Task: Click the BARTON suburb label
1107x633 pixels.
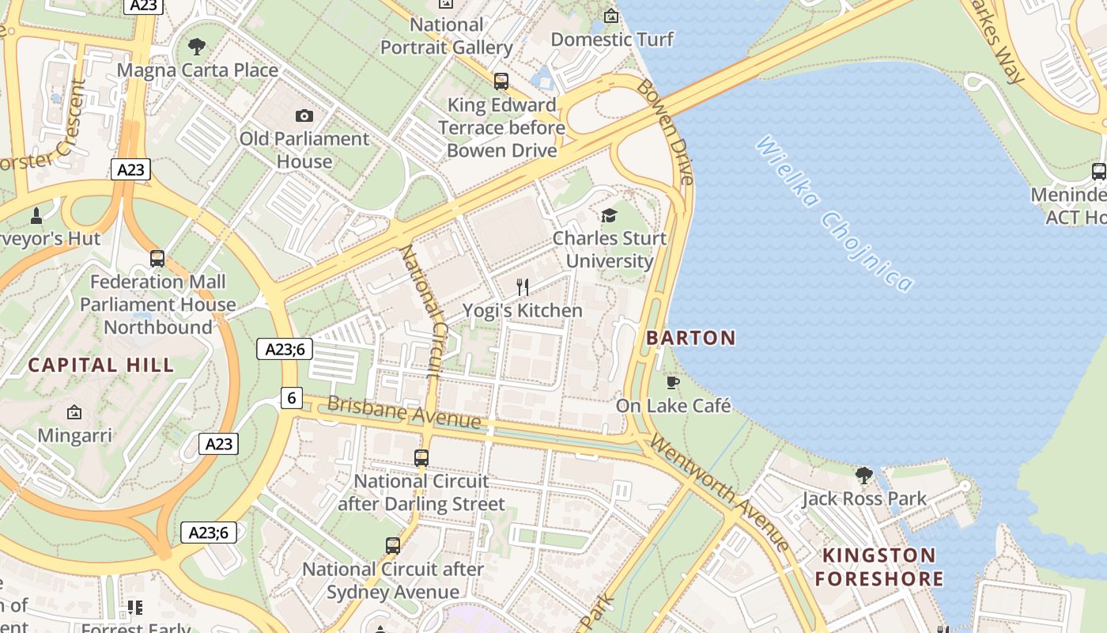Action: click(690, 338)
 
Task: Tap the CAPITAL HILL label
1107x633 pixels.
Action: click(101, 365)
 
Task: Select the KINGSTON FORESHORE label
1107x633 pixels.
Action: click(879, 567)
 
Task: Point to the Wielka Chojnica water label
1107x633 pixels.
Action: click(834, 214)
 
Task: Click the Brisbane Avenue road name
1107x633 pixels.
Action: click(403, 413)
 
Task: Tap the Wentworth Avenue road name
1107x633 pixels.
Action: click(719, 492)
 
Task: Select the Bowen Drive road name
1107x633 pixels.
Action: click(666, 132)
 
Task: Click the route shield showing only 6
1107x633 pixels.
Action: click(292, 398)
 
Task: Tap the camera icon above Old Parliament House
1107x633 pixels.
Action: click(304, 116)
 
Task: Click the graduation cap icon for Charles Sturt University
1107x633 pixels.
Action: click(609, 215)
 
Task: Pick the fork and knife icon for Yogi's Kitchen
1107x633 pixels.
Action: click(522, 287)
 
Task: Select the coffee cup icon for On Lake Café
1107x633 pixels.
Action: click(673, 383)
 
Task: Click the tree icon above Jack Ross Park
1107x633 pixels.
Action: click(863, 476)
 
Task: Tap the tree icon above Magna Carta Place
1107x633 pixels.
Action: click(197, 47)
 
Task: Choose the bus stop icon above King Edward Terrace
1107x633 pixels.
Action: click(501, 81)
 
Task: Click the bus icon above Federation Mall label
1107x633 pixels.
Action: click(157, 259)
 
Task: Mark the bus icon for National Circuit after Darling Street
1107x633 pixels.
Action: click(421, 458)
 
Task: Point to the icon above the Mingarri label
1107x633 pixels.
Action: click(74, 412)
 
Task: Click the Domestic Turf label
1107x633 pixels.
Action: click(612, 40)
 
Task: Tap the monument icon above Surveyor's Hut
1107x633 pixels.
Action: click(36, 215)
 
